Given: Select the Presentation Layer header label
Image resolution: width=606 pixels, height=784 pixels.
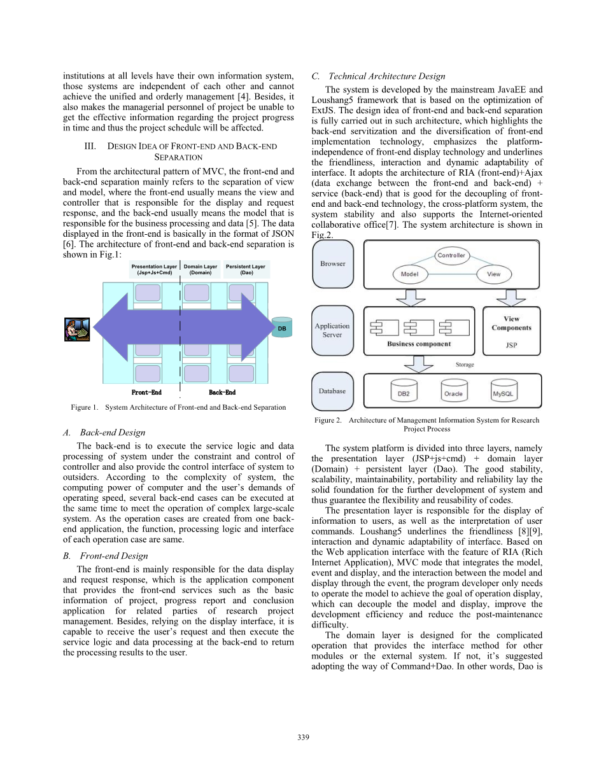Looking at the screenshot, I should coord(154,270).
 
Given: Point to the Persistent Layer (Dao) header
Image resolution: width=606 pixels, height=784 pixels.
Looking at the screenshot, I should coord(246,270).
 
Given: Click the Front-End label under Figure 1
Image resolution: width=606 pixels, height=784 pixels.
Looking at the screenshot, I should coord(146,393).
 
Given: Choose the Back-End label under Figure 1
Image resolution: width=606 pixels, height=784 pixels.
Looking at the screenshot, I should coord(222,393).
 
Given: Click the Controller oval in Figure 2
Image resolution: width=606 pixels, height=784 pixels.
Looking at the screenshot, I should coord(451,256).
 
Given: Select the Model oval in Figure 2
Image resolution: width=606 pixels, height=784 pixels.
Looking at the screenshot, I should coord(409,274).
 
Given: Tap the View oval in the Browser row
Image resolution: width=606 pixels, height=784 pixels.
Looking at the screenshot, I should coord(493,274).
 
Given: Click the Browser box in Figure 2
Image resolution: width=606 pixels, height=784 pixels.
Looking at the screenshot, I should coord(332,263).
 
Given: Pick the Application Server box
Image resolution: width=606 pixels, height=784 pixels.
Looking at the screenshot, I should coord(332,330).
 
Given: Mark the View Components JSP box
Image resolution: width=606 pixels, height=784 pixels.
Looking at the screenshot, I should coord(511,332).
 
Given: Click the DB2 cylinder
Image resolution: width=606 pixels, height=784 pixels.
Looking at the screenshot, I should coord(403,391).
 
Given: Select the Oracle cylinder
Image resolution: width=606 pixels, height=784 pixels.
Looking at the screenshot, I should coord(453,391).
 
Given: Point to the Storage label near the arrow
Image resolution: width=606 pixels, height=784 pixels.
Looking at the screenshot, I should coord(464,365).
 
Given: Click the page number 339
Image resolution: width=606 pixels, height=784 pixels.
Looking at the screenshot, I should coord(303,737).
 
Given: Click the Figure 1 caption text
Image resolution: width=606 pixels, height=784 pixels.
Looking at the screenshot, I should coord(178,407).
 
